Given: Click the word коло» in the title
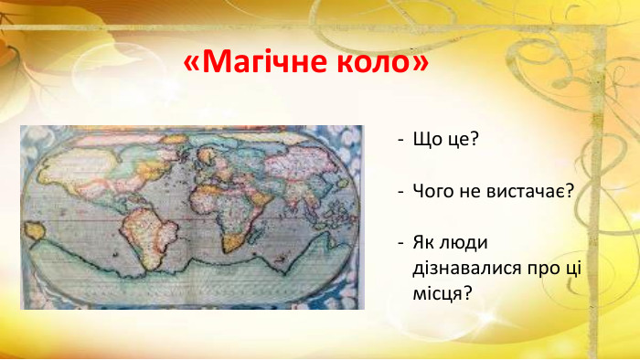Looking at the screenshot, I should pos(384,62).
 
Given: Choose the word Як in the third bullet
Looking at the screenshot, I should pos(425,244).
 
